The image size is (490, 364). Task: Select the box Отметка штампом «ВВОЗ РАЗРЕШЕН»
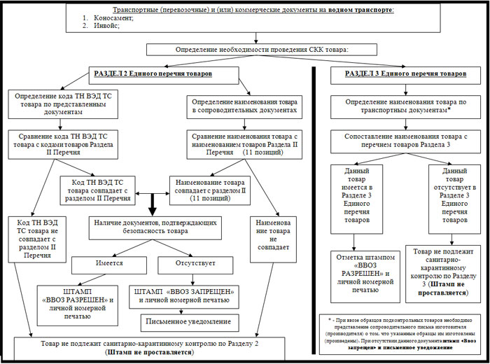point(362,277)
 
